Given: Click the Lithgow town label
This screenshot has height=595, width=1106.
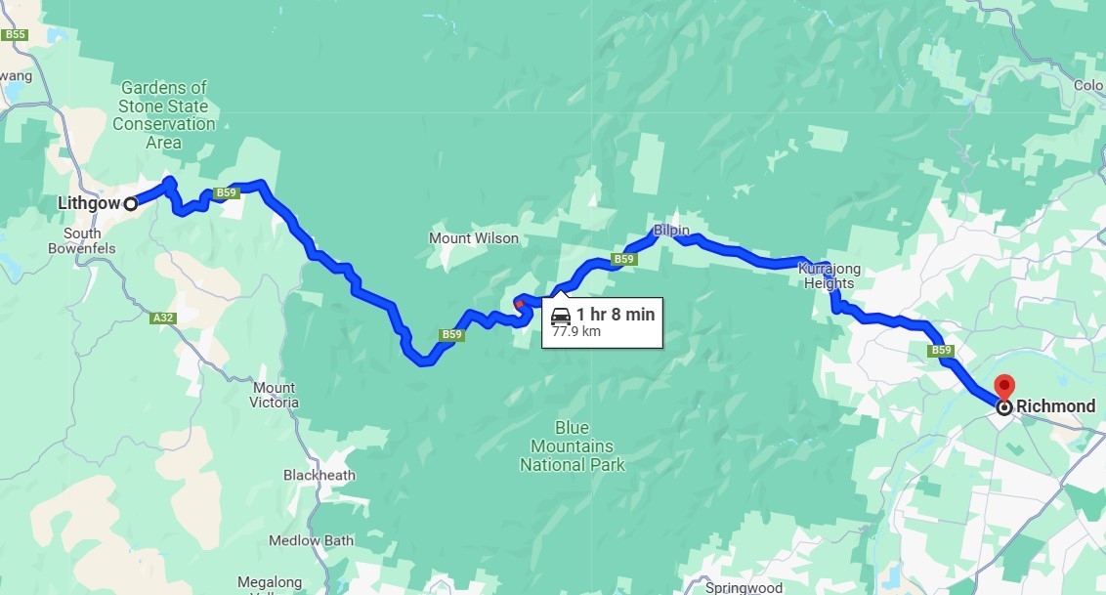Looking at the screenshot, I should (x=88, y=203).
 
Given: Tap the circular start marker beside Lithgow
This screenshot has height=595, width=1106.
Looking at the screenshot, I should (x=130, y=203).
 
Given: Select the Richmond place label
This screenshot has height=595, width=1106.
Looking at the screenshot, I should (x=1055, y=406).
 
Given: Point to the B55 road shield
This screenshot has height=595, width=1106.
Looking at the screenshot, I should (x=14, y=35).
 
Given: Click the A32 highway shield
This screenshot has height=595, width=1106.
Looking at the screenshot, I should (x=163, y=319).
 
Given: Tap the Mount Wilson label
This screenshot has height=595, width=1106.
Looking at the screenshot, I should (x=474, y=238).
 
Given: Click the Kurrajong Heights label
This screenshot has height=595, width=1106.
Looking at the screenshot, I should (x=827, y=276).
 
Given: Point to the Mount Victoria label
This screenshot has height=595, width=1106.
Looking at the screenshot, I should (x=274, y=395).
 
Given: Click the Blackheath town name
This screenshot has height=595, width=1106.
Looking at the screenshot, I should (x=319, y=475).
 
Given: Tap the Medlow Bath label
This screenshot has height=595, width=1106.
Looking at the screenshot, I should (x=311, y=540).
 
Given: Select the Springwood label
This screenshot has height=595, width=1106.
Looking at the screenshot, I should (x=744, y=587).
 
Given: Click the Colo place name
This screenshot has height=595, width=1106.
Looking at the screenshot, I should (x=1087, y=85).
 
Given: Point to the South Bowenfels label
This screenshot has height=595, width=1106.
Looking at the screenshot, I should (x=82, y=240).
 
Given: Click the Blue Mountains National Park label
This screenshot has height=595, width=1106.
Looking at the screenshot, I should (x=572, y=446).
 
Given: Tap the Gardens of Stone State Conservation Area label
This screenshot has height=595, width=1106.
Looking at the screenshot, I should (x=164, y=114).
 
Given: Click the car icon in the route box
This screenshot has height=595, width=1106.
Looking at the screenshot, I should (x=561, y=316).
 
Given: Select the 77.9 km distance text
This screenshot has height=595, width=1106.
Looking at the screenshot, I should (x=575, y=332).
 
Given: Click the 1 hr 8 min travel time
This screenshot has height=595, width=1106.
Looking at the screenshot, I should (x=615, y=315).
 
